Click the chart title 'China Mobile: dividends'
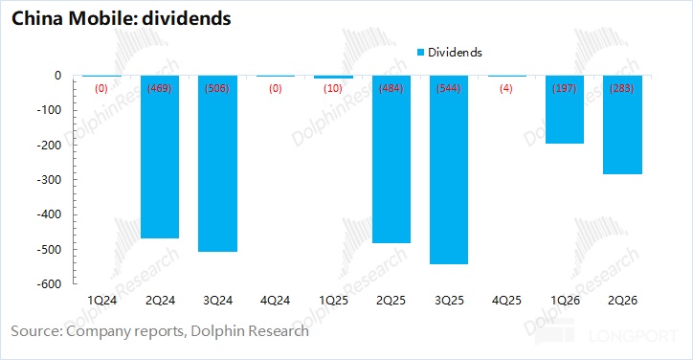click(122, 18)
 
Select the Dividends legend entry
click(450, 53)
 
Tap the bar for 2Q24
click(160, 157)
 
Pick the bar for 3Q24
click(217, 164)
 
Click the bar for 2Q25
click(391, 159)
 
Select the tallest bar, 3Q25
click(449, 169)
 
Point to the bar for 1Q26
click(565, 110)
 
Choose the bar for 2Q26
click(622, 124)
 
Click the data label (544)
click(449, 88)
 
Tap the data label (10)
click(333, 88)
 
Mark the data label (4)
click(506, 88)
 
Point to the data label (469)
click(160, 88)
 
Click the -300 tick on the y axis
click(49, 180)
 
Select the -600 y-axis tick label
click(49, 284)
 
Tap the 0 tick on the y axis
click(57, 76)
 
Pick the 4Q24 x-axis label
click(276, 301)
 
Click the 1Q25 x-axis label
click(333, 301)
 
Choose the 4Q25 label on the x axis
click(506, 301)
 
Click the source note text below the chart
click(160, 331)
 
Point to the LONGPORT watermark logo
click(607, 335)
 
